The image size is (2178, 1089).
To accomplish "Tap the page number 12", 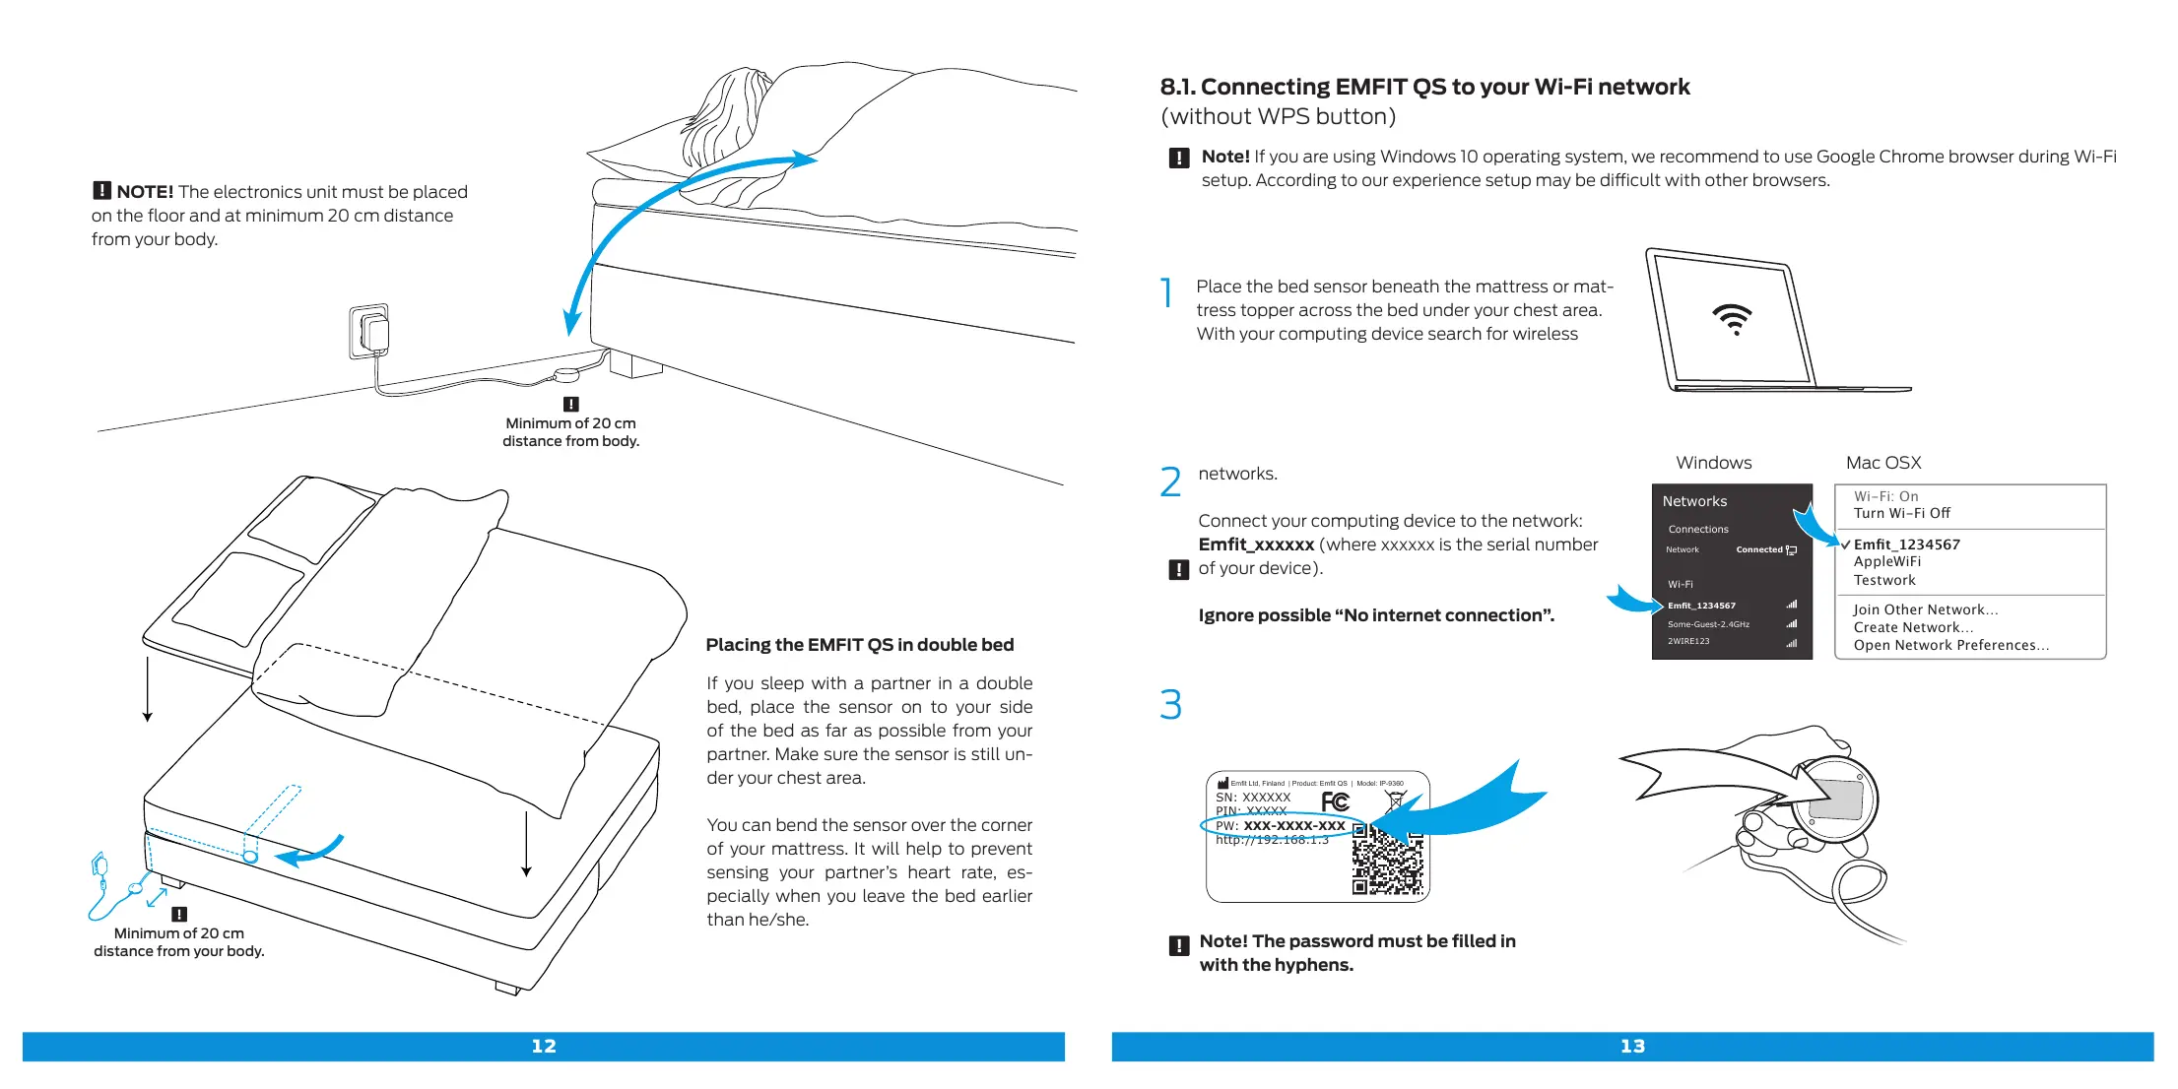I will click(x=544, y=1047).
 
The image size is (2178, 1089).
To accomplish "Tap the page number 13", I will click(x=1632, y=1047).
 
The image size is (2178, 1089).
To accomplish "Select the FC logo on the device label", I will click(x=1335, y=801).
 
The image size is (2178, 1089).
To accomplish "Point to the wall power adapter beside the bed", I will click(x=372, y=332).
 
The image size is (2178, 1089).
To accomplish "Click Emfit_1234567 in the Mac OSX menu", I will click(x=1906, y=544).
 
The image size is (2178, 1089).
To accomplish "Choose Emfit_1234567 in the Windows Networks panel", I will click(x=1701, y=606).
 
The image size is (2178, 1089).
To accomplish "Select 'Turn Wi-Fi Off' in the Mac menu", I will click(x=1901, y=513).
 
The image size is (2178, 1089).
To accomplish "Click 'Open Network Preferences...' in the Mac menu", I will click(x=1950, y=646).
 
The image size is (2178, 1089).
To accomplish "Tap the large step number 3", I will click(x=1170, y=705).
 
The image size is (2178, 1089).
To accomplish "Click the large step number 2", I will click(x=1170, y=482).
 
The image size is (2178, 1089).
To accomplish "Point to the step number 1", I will click(x=1167, y=293).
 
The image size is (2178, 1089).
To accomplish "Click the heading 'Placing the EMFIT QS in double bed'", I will click(x=859, y=645).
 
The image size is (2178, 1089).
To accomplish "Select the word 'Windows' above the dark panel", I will click(x=1713, y=463).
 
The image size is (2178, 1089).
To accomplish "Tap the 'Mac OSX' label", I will click(x=1882, y=463).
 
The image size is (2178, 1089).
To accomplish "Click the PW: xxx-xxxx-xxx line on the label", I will click(x=1281, y=825).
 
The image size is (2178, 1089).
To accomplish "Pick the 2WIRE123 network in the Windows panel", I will click(x=1688, y=641).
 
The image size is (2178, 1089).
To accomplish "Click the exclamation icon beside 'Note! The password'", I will click(x=1178, y=946).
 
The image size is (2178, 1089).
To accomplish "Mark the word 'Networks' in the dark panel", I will click(x=1694, y=501).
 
